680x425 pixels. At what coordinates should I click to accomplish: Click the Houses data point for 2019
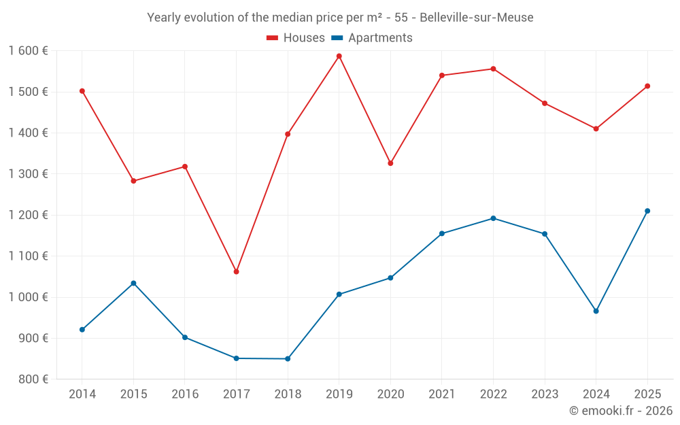click(x=339, y=56)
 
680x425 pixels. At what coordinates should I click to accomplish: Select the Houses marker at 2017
click(x=236, y=271)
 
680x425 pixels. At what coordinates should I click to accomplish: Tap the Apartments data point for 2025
click(x=647, y=211)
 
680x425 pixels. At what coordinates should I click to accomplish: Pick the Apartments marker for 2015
click(x=133, y=283)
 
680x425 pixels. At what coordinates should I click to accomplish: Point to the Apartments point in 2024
click(x=596, y=311)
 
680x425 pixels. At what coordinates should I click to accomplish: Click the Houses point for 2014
click(x=82, y=90)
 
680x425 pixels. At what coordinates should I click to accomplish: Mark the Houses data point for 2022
click(x=493, y=69)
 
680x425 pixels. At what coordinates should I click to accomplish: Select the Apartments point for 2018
click(x=288, y=358)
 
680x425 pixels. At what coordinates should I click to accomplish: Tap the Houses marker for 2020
click(x=390, y=163)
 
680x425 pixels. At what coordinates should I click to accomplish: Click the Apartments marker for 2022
click(x=493, y=218)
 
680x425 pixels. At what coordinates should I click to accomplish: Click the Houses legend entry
click(x=296, y=38)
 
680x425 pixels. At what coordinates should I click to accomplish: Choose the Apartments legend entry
click(x=372, y=38)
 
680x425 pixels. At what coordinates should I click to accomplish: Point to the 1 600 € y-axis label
click(x=28, y=51)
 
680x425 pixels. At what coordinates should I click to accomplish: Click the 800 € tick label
click(x=32, y=379)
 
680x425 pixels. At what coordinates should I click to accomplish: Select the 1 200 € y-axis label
click(x=28, y=215)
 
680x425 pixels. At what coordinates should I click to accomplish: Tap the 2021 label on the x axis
click(x=441, y=394)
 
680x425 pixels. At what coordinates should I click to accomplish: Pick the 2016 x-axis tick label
click(x=185, y=394)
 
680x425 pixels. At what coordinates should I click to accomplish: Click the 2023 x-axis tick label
click(x=545, y=394)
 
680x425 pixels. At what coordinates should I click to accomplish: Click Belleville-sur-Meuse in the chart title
click(x=476, y=17)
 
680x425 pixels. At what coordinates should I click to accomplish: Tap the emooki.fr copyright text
click(x=620, y=411)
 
